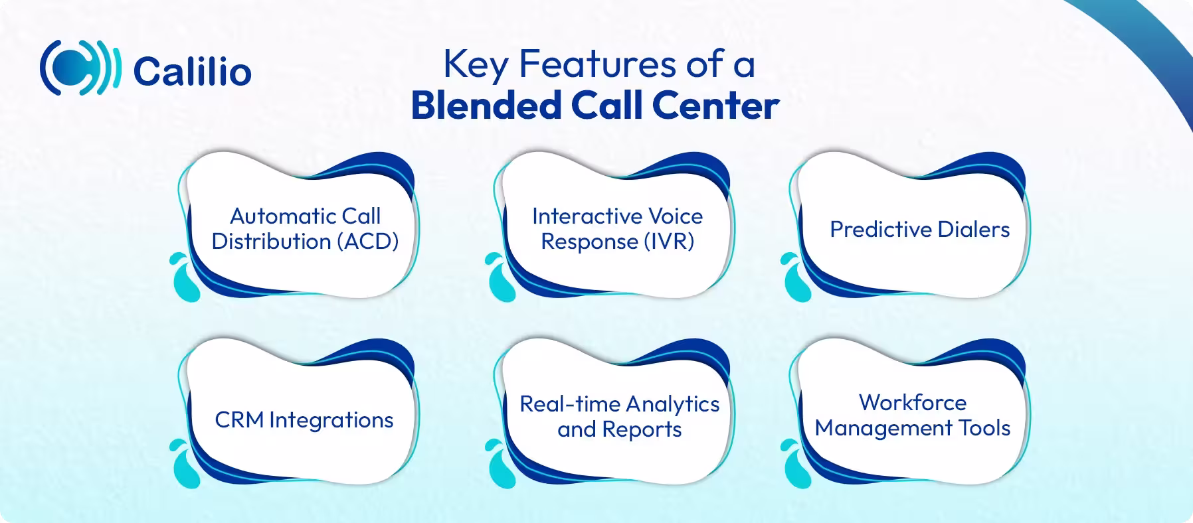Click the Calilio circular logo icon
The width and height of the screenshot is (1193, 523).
80,68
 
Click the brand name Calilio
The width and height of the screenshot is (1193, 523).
192,71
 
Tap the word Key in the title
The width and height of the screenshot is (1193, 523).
476,65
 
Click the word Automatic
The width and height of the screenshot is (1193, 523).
274,216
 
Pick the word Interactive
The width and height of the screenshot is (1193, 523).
579,216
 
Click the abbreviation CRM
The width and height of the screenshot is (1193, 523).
238,420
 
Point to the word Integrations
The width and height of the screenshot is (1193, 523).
331,421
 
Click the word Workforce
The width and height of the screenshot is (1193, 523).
912,403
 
